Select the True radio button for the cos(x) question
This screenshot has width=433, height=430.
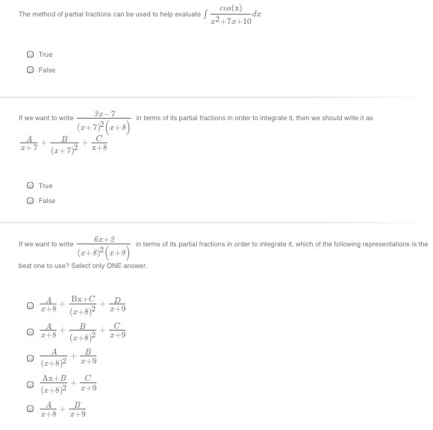[x=30, y=54]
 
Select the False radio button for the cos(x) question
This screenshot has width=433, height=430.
[x=30, y=70]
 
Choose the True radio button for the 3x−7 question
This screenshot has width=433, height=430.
[x=30, y=185]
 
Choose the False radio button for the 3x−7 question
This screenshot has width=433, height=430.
[x=30, y=200]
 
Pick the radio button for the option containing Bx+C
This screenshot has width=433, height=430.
[x=30, y=305]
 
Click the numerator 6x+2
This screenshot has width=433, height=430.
[x=105, y=238]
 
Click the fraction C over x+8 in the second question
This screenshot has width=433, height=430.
[x=99, y=144]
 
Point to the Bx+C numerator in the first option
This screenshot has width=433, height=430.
[x=83, y=299]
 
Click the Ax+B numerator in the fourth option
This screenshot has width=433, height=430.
[x=54, y=378]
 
